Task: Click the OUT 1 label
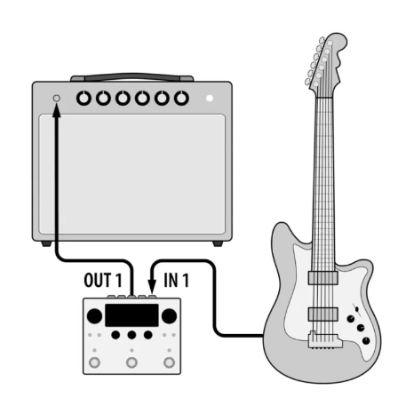(x=103, y=280)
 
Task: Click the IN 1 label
(x=176, y=280)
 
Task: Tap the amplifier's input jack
(x=56, y=99)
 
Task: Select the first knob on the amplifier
(x=84, y=98)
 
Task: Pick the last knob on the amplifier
(x=181, y=98)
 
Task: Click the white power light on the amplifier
(x=210, y=98)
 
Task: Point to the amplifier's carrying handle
(x=132, y=77)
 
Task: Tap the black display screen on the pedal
(x=131, y=315)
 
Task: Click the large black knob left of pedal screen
(x=95, y=316)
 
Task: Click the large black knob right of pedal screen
(x=169, y=316)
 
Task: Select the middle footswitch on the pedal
(x=131, y=362)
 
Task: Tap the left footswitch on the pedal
(x=94, y=362)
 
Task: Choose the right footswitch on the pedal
(x=169, y=362)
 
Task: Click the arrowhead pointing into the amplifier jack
(x=57, y=110)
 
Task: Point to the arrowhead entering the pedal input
(x=152, y=287)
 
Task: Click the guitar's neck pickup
(x=323, y=278)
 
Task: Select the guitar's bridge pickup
(x=323, y=314)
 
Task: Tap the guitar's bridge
(x=325, y=340)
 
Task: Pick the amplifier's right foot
(x=218, y=243)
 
